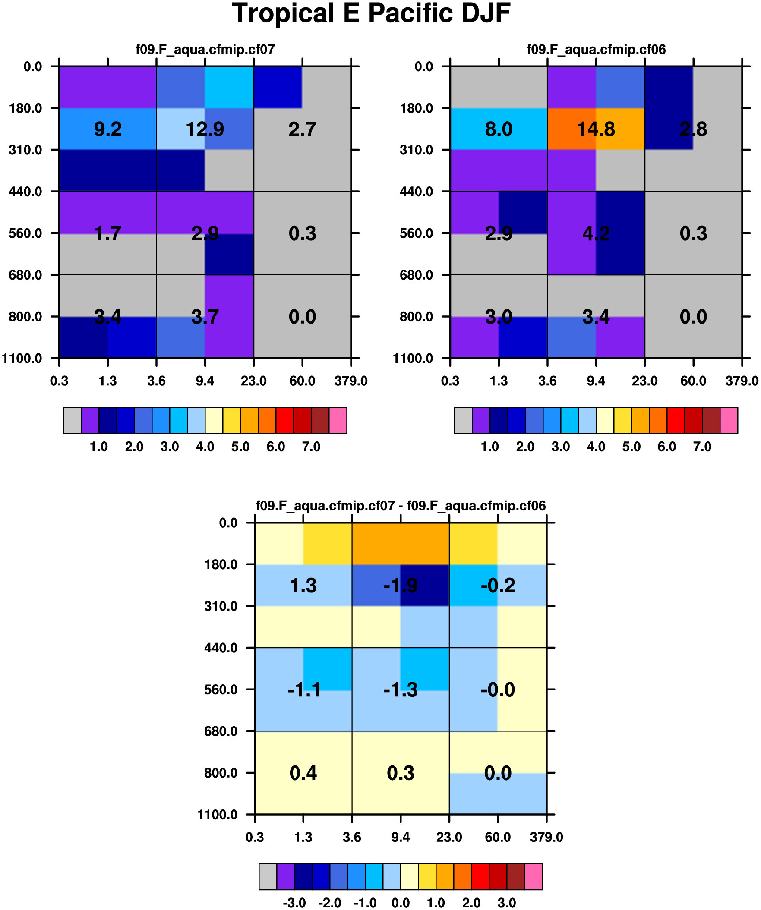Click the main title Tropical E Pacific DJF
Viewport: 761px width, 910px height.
pos(372,13)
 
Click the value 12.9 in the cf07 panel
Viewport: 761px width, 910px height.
pos(205,129)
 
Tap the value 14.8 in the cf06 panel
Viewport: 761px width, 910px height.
pos(596,129)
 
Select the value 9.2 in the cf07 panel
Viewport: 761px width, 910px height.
pos(107,129)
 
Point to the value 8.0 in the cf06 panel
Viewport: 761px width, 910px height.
pos(499,129)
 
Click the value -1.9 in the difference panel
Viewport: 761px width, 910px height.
pos(400,586)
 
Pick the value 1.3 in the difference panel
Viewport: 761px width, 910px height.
pos(303,586)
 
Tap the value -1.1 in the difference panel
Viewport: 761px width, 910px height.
pos(304,690)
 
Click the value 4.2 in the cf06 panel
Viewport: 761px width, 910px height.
pos(596,233)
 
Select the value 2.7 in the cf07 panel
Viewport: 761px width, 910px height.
pos(302,129)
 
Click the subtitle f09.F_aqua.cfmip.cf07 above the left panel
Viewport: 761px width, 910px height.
pos(205,49)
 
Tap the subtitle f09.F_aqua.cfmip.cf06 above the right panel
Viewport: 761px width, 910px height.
pos(596,49)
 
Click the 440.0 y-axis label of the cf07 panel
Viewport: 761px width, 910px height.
pos(25,192)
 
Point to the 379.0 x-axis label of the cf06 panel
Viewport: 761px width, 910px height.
pos(742,381)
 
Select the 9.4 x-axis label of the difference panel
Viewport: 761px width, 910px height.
pos(400,838)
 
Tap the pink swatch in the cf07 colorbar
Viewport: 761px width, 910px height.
pos(338,420)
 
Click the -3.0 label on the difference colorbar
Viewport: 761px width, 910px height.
pos(294,903)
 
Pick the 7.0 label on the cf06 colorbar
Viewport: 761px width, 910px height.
pos(702,447)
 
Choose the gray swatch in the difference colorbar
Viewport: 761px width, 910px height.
pos(268,877)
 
